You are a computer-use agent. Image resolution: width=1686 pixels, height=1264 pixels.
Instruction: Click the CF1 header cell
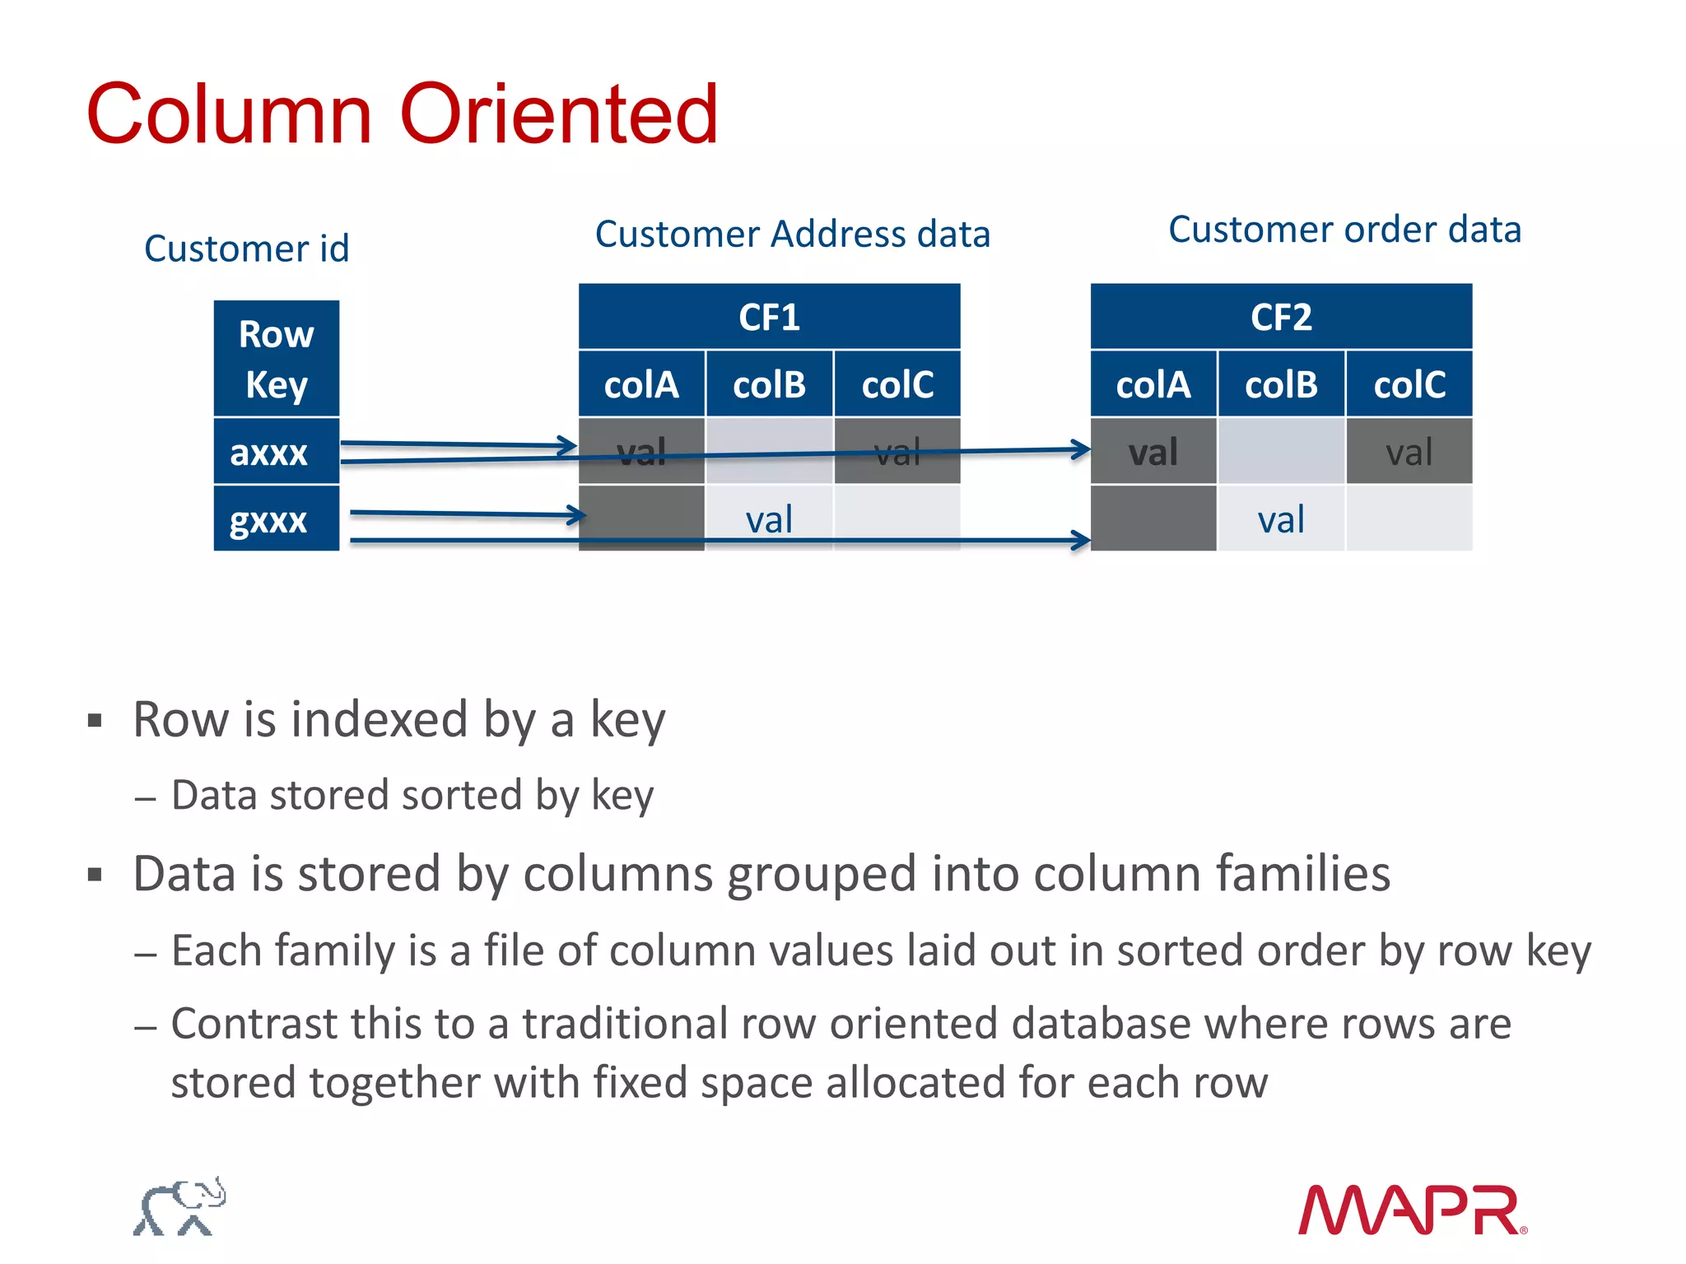click(x=769, y=317)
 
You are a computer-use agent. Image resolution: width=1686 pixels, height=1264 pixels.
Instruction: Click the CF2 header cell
click(x=1281, y=317)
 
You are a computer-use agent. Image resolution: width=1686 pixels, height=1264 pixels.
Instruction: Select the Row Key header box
click(x=277, y=359)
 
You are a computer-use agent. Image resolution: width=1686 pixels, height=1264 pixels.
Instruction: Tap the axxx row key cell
click(x=269, y=452)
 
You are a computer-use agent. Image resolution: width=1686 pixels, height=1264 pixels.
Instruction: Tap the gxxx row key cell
click(x=269, y=519)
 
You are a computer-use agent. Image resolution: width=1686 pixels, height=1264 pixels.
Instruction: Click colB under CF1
click(x=769, y=384)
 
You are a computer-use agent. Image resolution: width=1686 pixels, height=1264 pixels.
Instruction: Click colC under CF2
click(x=1409, y=384)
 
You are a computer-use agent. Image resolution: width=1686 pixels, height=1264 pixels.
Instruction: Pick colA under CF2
click(x=1153, y=384)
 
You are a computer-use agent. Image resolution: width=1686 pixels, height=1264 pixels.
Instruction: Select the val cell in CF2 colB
click(x=1281, y=519)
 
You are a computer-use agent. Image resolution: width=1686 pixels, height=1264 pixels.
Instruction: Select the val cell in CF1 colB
click(x=769, y=519)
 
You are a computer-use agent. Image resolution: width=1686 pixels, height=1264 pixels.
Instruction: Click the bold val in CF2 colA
click(x=1153, y=452)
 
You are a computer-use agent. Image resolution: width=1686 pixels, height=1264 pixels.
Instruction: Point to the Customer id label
click(x=247, y=249)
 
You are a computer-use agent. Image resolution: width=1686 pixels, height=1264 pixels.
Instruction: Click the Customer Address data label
click(x=792, y=235)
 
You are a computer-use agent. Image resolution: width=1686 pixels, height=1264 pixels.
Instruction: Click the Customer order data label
click(x=1344, y=230)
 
